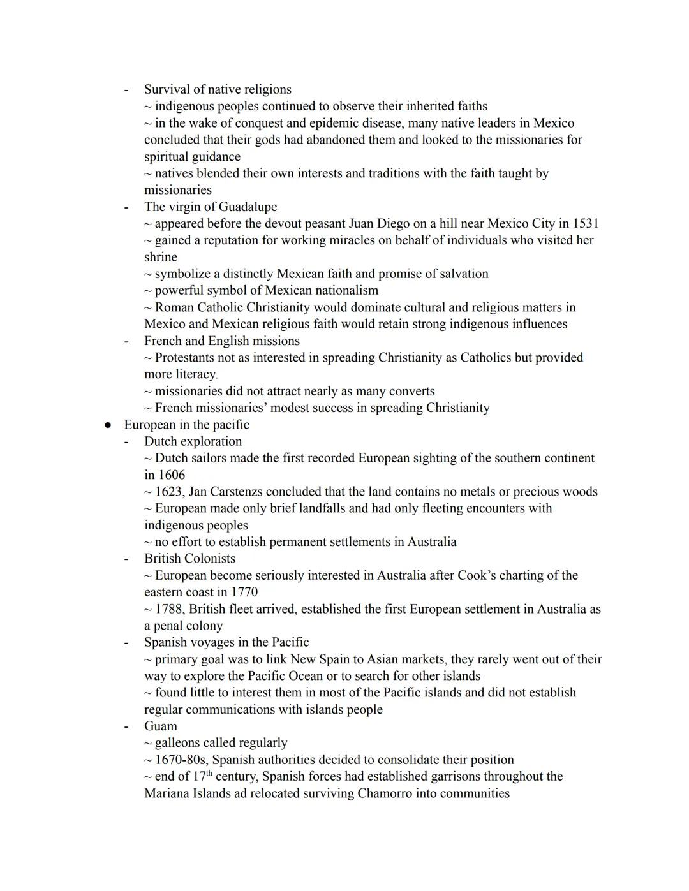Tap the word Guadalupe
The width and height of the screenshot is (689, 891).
248,207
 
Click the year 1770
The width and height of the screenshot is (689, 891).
244,592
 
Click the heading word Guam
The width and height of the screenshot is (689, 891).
161,726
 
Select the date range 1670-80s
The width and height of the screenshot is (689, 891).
180,760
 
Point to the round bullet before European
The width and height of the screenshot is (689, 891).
108,425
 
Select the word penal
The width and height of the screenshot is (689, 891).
169,626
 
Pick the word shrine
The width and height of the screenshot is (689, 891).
161,257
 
